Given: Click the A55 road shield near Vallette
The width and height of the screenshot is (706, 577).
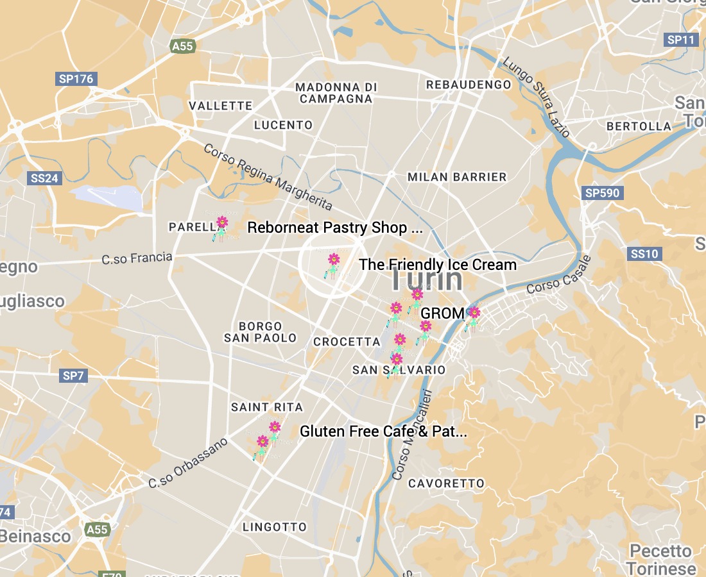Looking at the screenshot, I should point(182,46).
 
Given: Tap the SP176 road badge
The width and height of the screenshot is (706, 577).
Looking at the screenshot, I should point(76,79).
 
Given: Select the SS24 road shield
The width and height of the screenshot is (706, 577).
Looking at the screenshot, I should point(44,178).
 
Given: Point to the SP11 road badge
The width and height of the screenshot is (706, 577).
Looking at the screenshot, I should point(680,40).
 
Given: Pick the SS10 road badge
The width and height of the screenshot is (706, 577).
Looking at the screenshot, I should point(644,254).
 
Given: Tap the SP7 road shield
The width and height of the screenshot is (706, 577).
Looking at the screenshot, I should point(74,376).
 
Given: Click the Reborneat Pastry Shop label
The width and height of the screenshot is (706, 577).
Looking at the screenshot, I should point(335,228).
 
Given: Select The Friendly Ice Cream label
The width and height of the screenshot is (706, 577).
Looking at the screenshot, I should point(438,264).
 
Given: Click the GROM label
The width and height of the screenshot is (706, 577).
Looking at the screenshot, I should point(442,313).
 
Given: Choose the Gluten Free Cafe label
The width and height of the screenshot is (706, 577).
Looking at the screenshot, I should point(383,431).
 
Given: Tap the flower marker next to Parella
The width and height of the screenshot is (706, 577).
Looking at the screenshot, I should point(221,224).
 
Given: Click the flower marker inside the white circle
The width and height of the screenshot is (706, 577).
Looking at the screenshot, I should point(334,260).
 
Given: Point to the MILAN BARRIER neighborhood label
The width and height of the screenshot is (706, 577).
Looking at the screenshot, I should point(457,176).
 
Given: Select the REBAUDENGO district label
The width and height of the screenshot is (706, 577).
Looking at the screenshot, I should point(469,85).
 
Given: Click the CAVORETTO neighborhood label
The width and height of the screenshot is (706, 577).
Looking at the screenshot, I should point(446,483).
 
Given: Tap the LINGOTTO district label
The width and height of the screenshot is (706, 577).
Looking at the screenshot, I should point(275,527).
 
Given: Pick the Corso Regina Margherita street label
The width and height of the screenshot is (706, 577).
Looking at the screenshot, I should point(268,177).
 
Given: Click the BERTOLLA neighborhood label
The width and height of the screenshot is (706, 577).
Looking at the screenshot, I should point(639,126).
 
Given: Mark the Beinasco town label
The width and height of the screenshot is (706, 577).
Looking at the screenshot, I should point(36,536).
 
